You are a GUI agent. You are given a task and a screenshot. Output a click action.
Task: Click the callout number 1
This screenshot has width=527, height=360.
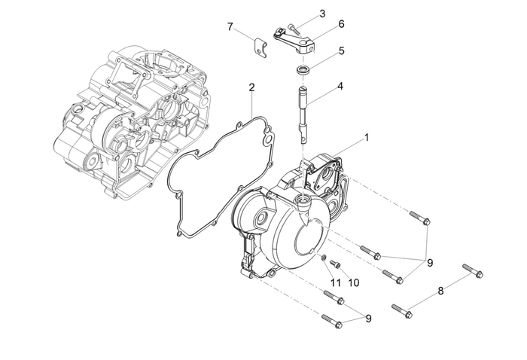pyautogui.click(x=367, y=137)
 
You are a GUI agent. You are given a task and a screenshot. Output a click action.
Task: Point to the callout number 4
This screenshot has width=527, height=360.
pyautogui.click(x=340, y=86)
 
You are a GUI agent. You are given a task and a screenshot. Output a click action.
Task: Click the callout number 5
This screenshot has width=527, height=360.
pyautogui.click(x=341, y=51)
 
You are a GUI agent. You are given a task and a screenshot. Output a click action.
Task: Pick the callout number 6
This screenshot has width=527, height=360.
pyautogui.click(x=341, y=24)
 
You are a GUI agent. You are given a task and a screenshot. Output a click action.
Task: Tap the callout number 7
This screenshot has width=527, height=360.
pyautogui.click(x=230, y=27)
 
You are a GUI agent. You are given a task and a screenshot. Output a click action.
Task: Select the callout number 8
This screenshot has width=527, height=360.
pyautogui.click(x=441, y=289)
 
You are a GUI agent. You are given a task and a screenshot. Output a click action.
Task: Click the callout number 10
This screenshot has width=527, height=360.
pyautogui.click(x=354, y=282)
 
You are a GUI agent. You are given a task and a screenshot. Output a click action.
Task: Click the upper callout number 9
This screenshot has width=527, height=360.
pyautogui.click(x=430, y=262)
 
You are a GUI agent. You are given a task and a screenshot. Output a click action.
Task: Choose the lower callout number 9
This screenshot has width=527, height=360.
pyautogui.click(x=368, y=319)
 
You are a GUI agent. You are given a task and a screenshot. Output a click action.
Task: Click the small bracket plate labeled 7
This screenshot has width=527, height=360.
pyautogui.click(x=259, y=47)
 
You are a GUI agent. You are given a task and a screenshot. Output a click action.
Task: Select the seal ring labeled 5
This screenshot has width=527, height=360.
pyautogui.click(x=304, y=70)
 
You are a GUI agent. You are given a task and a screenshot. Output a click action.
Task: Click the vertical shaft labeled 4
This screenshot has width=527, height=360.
pyautogui.click(x=303, y=113)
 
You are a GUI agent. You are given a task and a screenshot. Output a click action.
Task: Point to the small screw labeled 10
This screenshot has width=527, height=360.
pyautogui.click(x=337, y=265)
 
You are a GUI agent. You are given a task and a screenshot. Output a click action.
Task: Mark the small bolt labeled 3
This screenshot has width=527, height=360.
pyautogui.click(x=291, y=26)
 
